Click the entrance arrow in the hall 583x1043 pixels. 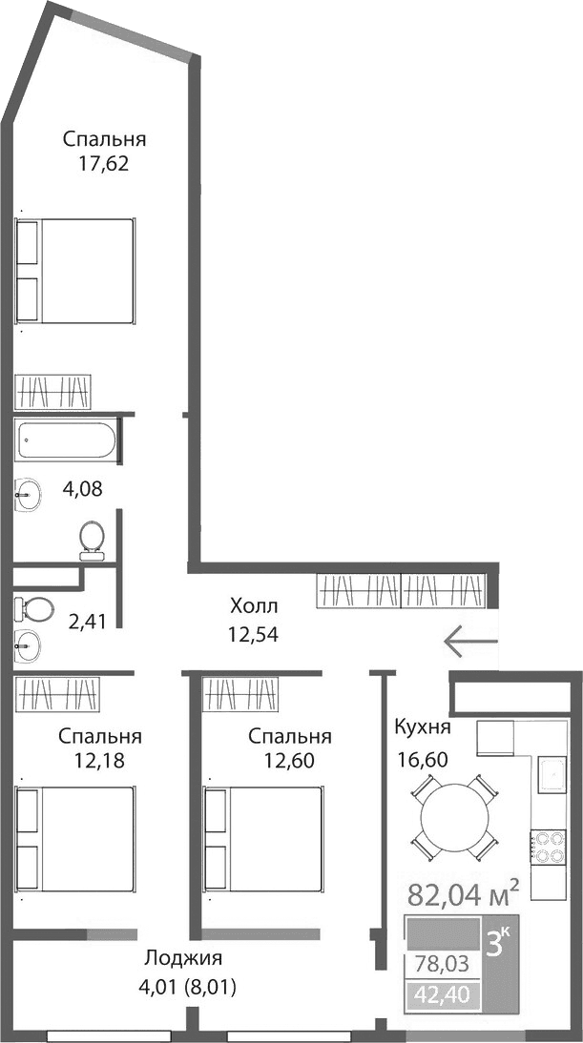[x=470, y=640]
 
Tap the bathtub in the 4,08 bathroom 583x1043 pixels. [x=66, y=441]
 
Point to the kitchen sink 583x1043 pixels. [x=552, y=775]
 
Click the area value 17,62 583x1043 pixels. [x=105, y=162]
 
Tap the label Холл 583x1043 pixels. [x=254, y=606]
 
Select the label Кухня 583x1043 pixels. [x=423, y=728]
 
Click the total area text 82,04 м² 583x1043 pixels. [x=463, y=894]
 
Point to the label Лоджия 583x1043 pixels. [x=184, y=959]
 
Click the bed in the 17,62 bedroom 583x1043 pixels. [x=74, y=272]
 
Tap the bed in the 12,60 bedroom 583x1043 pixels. [x=262, y=838]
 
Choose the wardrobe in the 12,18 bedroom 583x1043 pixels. [x=57, y=693]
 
